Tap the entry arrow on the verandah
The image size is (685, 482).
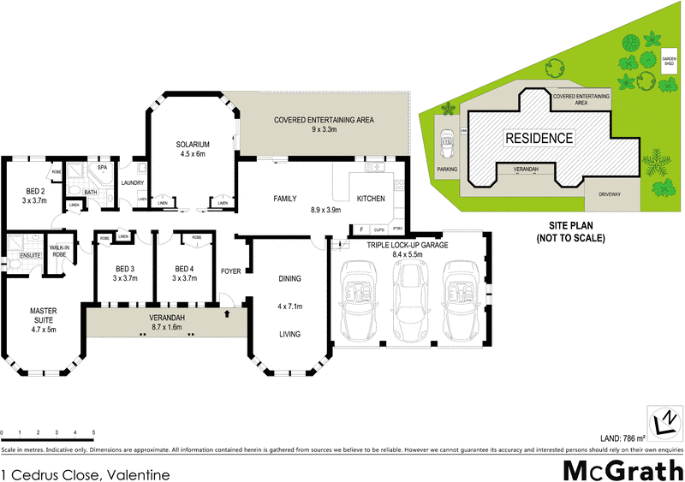click(x=226, y=314)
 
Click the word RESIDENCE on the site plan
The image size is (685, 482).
click(x=538, y=138)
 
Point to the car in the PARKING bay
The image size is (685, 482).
click(x=445, y=146)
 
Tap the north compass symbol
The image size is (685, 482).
click(x=664, y=420)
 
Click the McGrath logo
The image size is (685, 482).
click(x=622, y=469)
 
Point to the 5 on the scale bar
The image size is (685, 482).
click(x=93, y=432)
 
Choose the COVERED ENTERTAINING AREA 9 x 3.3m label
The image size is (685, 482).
click(x=323, y=125)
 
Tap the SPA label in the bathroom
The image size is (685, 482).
click(x=101, y=168)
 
